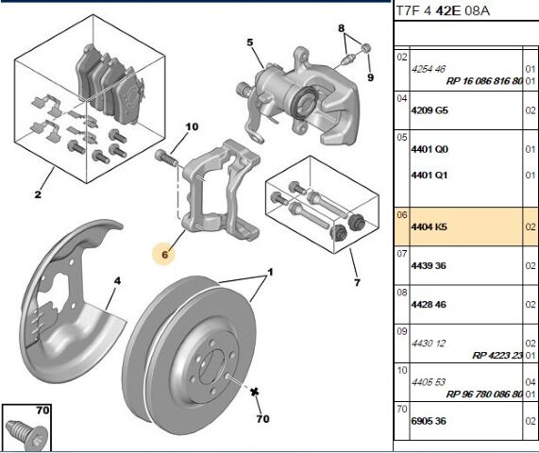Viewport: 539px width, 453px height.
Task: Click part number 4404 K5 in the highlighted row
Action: pos(429,226)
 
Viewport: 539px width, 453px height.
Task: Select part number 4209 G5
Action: pos(430,110)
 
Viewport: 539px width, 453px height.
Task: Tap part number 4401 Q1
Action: pos(430,176)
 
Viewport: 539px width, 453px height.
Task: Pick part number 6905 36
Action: pos(429,421)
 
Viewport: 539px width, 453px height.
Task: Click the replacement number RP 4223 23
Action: pos(497,355)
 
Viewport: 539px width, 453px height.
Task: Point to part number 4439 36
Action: pos(429,266)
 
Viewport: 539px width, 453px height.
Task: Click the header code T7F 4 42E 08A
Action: pos(443,11)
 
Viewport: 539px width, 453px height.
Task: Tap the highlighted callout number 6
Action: pos(164,254)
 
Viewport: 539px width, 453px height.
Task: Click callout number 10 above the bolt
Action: pos(192,126)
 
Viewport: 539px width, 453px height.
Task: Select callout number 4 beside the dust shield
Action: pos(118,281)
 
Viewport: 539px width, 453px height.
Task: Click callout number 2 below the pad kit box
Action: pos(38,194)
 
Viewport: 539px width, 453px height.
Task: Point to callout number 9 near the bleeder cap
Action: pos(370,77)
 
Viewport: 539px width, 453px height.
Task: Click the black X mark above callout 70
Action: pos(254,392)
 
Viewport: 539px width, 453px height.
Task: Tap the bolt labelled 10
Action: pos(166,158)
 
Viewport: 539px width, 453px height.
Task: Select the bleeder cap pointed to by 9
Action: pos(366,48)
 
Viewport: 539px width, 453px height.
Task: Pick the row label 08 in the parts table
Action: pos(401,293)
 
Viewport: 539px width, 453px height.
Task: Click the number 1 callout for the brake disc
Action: pos(270,273)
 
